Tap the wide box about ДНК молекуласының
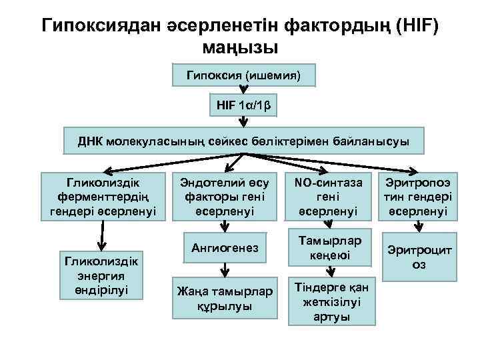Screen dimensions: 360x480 (243, 141)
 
